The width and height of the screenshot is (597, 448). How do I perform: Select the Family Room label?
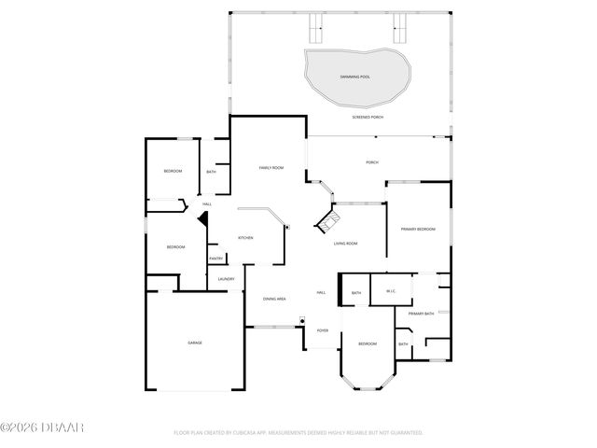click(271, 167)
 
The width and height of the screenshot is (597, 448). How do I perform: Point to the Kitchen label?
click(245, 238)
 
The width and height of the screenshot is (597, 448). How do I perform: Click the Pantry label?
click(215, 259)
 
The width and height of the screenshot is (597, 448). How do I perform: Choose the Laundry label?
click(225, 278)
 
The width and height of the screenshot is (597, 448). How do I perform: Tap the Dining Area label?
click(274, 299)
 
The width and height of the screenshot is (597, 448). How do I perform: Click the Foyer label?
click(323, 330)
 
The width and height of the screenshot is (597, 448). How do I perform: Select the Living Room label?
click(346, 244)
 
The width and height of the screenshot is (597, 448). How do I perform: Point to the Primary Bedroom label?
click(418, 229)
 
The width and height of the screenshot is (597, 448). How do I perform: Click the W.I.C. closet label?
click(392, 292)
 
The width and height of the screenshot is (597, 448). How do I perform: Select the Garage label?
click(195, 343)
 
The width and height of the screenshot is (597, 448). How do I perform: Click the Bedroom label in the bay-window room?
click(368, 344)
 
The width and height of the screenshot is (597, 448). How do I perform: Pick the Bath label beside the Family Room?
click(212, 172)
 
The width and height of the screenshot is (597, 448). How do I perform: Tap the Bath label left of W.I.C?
click(356, 293)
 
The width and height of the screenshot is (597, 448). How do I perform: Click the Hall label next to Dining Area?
click(320, 292)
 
